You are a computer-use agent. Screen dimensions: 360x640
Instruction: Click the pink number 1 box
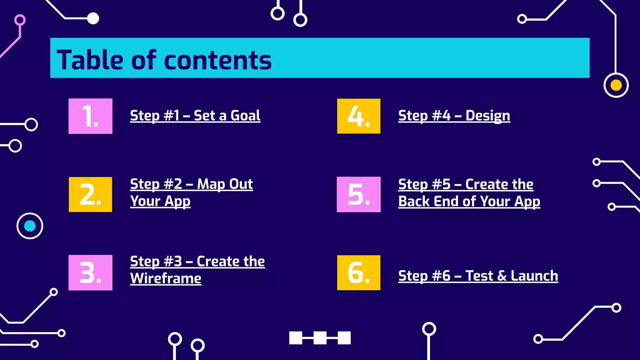(x=90, y=116)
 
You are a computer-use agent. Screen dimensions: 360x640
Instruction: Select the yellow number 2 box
(x=90, y=194)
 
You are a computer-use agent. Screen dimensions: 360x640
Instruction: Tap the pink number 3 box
(x=90, y=272)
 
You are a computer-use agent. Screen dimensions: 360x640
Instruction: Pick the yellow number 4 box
(x=359, y=116)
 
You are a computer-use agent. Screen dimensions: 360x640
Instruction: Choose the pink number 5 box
(x=359, y=194)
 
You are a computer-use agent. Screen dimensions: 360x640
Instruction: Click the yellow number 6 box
(x=359, y=272)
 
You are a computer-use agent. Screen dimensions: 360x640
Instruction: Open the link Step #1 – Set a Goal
(x=195, y=116)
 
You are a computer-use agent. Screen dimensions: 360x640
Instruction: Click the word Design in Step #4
(x=488, y=116)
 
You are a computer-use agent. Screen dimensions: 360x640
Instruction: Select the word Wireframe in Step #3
(x=166, y=278)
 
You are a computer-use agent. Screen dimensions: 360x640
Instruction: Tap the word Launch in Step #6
(x=534, y=276)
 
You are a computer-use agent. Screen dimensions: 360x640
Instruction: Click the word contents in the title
(x=218, y=60)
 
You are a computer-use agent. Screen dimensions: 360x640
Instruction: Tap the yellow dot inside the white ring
(x=616, y=85)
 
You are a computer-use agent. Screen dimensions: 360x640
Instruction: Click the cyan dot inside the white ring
(x=30, y=226)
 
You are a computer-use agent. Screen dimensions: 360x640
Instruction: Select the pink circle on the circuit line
(x=20, y=20)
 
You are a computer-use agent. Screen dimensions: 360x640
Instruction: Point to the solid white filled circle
(x=93, y=18)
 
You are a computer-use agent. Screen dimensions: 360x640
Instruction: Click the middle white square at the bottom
(x=320, y=338)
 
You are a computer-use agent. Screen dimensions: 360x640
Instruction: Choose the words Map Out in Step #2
(x=225, y=184)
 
